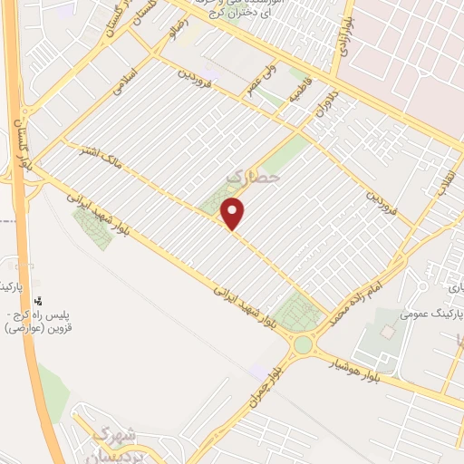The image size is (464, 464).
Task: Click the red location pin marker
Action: coord(234,214)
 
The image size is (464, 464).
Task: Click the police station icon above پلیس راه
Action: coord(38,301)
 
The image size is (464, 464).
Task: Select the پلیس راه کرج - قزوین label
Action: coord(47,319)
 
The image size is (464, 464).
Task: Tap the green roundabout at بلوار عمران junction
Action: coord(303,346)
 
